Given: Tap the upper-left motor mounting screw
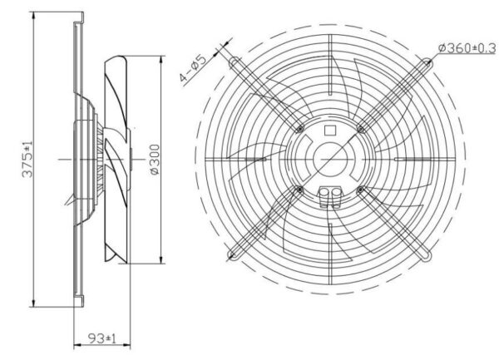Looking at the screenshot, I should click(x=299, y=129).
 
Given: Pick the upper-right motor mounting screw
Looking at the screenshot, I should click(x=360, y=129).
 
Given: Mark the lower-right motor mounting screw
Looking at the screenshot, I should click(x=360, y=190).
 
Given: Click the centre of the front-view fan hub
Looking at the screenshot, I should click(x=330, y=159).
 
